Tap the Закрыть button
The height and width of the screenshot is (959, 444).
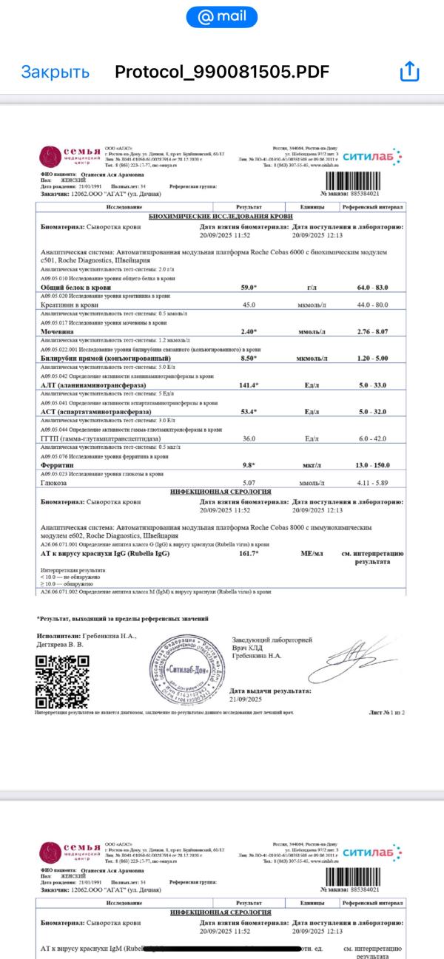click(55, 72)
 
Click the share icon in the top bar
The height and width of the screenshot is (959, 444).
click(409, 72)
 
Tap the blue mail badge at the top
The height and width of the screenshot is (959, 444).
click(221, 16)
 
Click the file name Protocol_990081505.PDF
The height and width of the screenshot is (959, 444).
click(222, 72)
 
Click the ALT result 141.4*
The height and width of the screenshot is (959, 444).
click(249, 385)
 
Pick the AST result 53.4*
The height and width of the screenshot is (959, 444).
click(249, 411)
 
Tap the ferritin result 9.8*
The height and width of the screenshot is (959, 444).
click(249, 465)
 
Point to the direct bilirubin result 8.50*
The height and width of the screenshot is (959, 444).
click(249, 359)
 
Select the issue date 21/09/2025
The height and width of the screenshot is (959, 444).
click(246, 699)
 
